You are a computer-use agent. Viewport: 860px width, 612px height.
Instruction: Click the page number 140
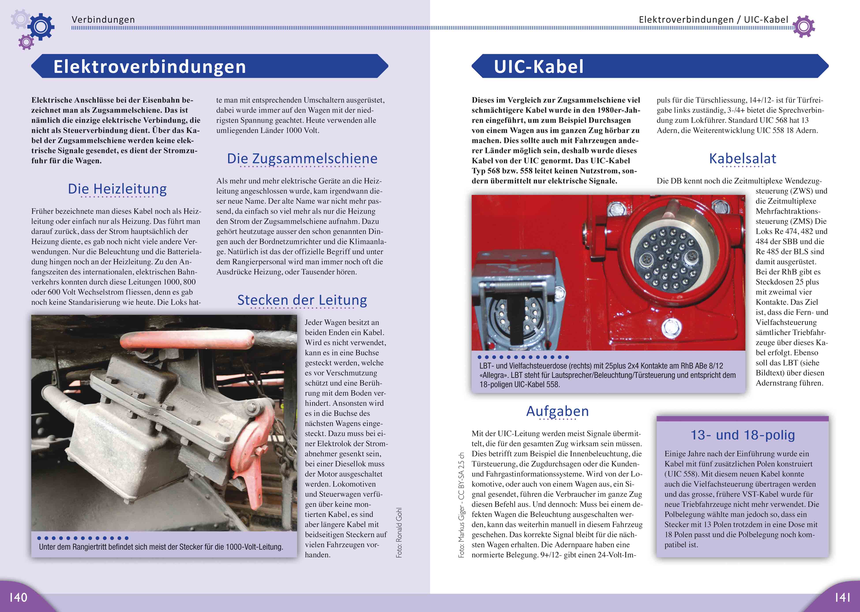click(18, 597)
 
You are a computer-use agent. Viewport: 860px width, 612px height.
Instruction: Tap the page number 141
click(842, 597)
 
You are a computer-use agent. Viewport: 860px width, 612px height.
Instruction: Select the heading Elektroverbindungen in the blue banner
click(150, 67)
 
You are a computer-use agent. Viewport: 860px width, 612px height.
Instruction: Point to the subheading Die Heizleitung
click(117, 189)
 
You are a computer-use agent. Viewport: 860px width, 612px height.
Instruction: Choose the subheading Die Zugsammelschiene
click(302, 159)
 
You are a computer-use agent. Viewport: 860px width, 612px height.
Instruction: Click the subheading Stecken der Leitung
click(302, 300)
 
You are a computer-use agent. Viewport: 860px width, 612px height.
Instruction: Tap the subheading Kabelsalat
click(742, 159)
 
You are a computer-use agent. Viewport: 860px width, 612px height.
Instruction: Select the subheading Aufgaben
click(557, 411)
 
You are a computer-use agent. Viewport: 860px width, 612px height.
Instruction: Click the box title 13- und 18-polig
click(742, 435)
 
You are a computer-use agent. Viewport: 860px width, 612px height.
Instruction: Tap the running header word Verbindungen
click(103, 20)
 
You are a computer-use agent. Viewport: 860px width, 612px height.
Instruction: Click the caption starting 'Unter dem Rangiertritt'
click(161, 547)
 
